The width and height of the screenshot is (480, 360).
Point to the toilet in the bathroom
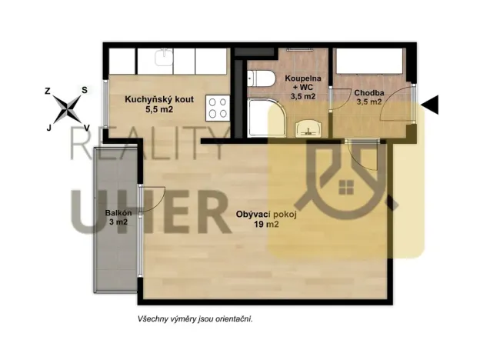[259, 78]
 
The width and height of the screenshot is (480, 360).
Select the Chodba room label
[368, 94]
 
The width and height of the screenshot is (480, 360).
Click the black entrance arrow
[431, 105]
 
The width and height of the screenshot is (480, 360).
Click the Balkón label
[118, 213]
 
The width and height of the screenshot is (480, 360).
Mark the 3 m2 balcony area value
[118, 223]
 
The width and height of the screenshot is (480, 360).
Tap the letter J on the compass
[49, 128]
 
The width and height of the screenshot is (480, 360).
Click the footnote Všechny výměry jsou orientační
[190, 318]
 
